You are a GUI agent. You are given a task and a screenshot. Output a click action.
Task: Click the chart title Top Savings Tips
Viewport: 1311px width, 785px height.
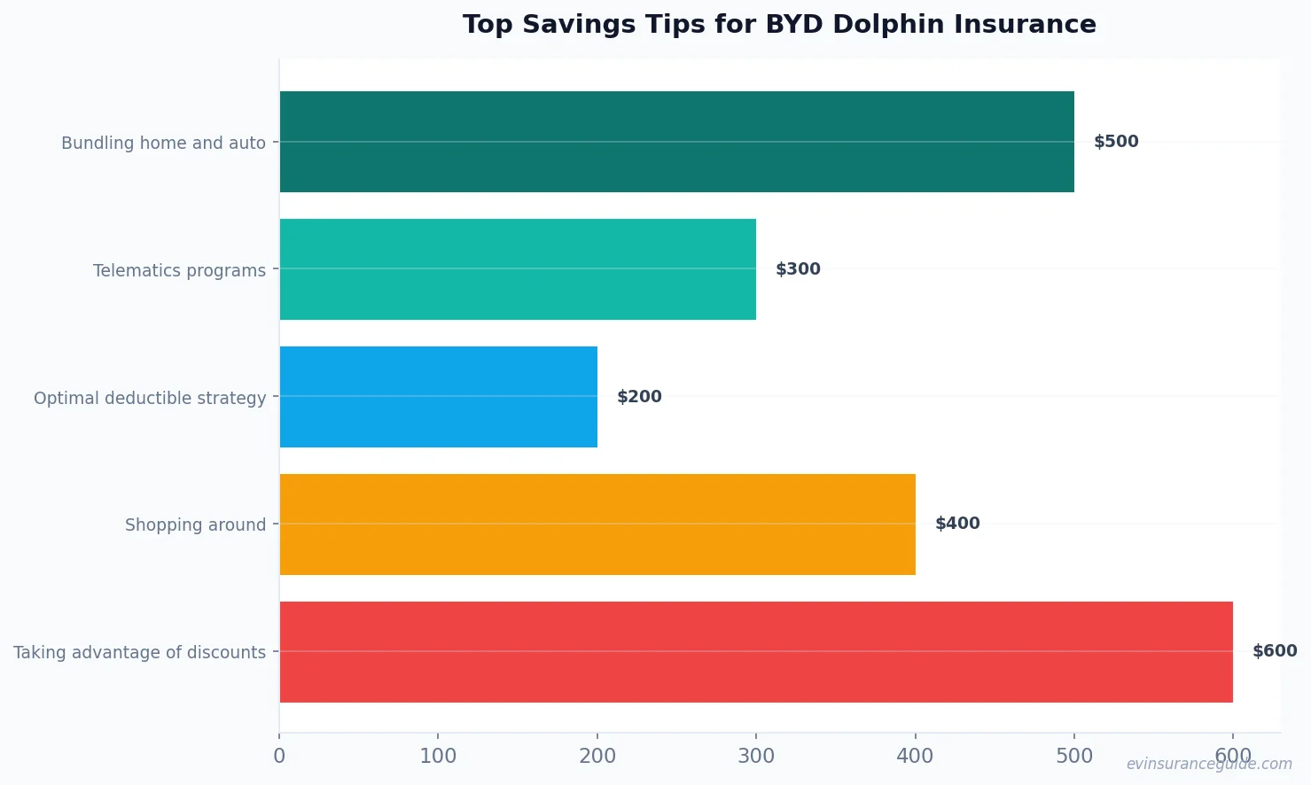pos(779,24)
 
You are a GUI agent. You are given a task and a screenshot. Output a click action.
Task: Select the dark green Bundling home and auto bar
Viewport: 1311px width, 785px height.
pos(676,142)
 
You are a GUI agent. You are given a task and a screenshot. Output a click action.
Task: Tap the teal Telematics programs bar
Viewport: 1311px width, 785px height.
pos(518,269)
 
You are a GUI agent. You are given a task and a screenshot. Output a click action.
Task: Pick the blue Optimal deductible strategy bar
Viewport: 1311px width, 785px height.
pos(438,397)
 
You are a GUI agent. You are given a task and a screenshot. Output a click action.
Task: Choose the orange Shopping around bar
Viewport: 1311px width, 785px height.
pos(597,525)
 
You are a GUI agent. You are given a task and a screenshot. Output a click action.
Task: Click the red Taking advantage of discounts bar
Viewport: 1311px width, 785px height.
pos(756,652)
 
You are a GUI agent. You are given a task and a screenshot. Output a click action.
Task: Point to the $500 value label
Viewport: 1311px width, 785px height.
pos(1116,142)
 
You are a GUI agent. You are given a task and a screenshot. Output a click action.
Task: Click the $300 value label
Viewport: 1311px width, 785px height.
pos(798,269)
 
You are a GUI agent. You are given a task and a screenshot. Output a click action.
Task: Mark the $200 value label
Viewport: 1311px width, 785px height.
pos(639,397)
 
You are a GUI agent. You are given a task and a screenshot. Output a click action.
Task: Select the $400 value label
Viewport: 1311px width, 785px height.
pos(957,524)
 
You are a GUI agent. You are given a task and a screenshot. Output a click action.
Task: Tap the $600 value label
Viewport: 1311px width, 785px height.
pos(1275,651)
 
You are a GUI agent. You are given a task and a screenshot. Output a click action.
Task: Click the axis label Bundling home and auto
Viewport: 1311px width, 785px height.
pos(163,143)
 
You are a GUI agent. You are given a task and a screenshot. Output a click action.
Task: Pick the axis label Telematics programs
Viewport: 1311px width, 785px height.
pos(179,270)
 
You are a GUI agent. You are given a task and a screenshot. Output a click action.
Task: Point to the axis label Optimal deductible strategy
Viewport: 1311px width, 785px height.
pos(150,398)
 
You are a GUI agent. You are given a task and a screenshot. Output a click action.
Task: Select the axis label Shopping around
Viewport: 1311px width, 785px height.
pos(195,525)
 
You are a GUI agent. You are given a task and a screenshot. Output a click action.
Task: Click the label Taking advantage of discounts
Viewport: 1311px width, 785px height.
pos(139,652)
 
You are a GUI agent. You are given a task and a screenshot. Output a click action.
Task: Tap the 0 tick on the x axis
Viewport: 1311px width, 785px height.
pos(279,756)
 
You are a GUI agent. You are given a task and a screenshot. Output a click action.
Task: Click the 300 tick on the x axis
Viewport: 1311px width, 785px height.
pos(756,756)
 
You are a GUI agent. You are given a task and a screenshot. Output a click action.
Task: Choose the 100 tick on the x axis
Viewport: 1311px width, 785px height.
pos(438,756)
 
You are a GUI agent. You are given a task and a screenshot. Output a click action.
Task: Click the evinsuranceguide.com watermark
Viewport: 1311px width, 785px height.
pos(1209,764)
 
